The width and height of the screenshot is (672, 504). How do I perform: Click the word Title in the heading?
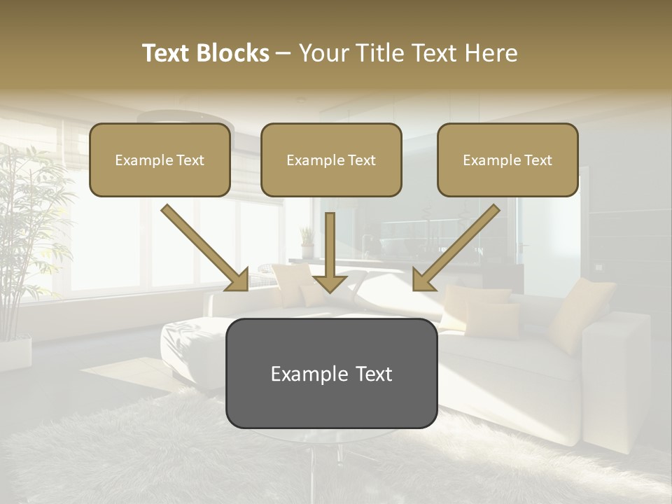375,53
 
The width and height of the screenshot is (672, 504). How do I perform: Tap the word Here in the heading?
490,53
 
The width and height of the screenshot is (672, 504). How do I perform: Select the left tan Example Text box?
160,160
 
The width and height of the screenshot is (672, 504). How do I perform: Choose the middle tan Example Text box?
331,160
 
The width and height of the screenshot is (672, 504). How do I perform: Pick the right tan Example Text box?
507,160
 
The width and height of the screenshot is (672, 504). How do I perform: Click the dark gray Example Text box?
331,373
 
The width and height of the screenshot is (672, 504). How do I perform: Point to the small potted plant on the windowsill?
307,242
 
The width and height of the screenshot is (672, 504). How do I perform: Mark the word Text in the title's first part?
167,53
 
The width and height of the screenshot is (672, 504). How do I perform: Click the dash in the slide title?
283,53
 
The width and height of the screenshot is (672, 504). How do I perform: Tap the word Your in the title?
323,53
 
